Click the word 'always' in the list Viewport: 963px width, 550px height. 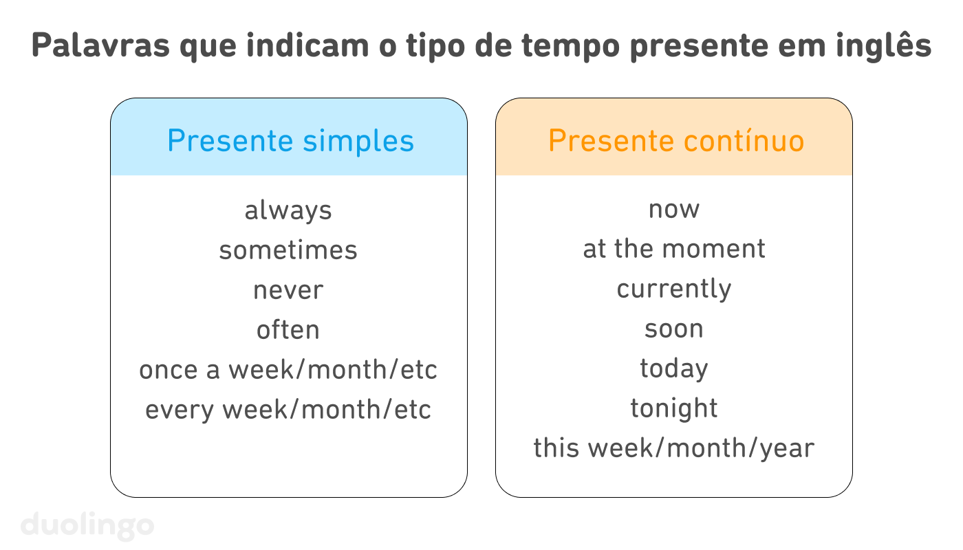(x=288, y=210)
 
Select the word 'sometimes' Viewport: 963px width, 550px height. (x=288, y=250)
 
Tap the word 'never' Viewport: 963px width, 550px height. (x=288, y=290)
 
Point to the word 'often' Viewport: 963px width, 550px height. (x=288, y=330)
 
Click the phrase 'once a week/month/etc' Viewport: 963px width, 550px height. (x=288, y=370)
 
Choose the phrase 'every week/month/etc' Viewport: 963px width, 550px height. (x=288, y=410)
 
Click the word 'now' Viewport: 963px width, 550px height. (x=673, y=210)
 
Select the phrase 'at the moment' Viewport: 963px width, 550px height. (x=673, y=249)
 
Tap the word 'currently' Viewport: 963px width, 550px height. (x=673, y=289)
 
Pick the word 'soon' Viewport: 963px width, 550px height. (x=673, y=329)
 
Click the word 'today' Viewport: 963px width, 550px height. (x=673, y=368)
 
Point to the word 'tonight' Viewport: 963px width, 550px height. (x=673, y=408)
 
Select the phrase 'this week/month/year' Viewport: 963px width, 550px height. (x=673, y=448)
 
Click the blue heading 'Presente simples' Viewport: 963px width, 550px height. (x=290, y=141)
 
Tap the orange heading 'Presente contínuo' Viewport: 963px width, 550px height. (x=675, y=141)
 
